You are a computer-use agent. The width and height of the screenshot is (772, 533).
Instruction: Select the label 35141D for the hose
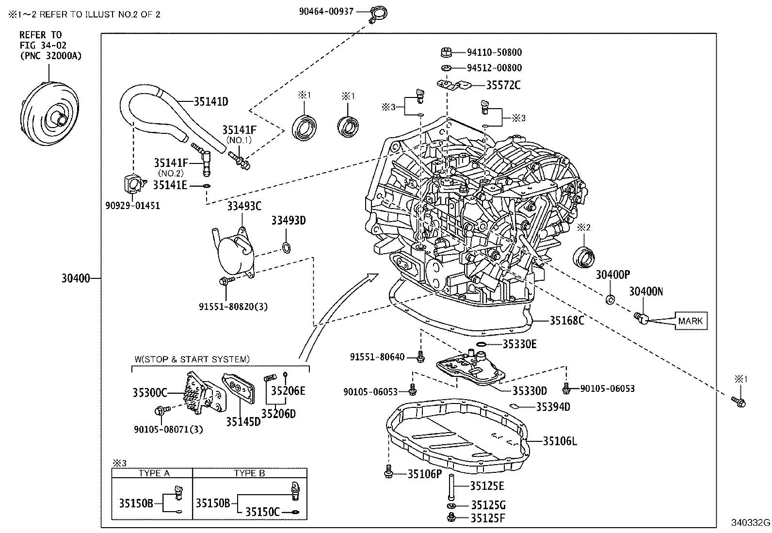(210, 101)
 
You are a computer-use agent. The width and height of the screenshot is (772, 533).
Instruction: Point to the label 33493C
(244, 207)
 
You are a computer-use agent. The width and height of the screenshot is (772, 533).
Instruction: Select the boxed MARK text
(690, 321)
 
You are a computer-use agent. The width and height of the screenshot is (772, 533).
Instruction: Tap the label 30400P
(612, 275)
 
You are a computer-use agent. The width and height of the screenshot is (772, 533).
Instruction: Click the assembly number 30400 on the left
(76, 278)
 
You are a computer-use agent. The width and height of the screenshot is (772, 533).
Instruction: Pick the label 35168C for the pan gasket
(566, 320)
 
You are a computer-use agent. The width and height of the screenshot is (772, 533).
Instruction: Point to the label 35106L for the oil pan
(560, 441)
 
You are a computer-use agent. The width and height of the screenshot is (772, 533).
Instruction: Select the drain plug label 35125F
(488, 518)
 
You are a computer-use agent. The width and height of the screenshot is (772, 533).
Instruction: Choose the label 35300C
(150, 392)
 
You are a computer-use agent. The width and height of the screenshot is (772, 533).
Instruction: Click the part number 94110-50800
(494, 52)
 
